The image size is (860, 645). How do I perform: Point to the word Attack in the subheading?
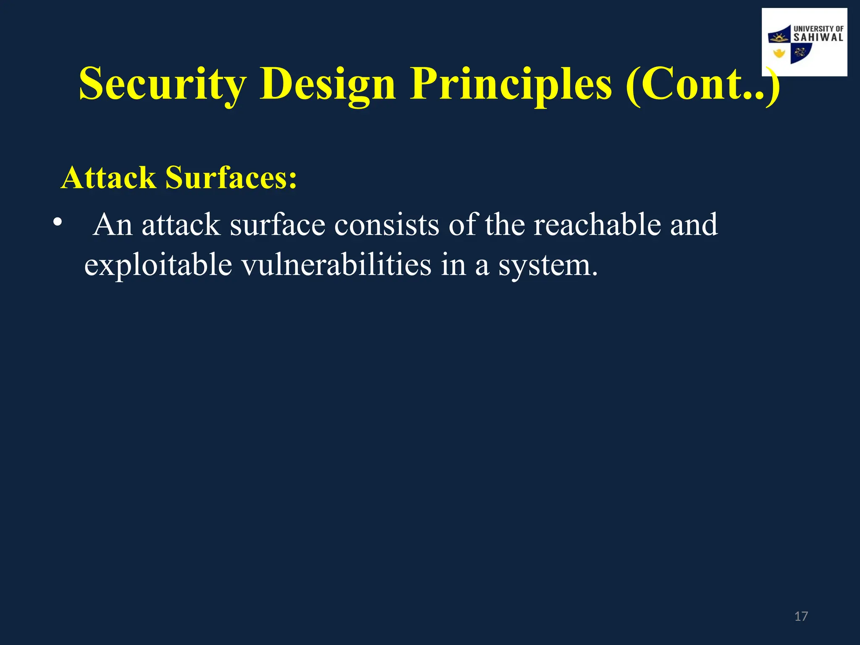[108, 178]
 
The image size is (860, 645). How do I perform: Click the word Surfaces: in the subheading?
[231, 178]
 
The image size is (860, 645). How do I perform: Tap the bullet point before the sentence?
[58, 222]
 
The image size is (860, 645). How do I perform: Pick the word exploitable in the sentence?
[158, 265]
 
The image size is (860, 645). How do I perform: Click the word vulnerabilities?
[336, 265]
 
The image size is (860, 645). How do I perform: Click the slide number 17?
[801, 616]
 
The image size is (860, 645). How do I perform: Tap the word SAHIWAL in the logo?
[818, 38]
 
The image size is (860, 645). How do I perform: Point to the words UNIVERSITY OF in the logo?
[818, 29]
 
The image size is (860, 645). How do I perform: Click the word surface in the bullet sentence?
[277, 225]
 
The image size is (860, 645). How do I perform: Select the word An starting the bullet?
[113, 225]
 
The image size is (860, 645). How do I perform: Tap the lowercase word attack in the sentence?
[181, 225]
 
